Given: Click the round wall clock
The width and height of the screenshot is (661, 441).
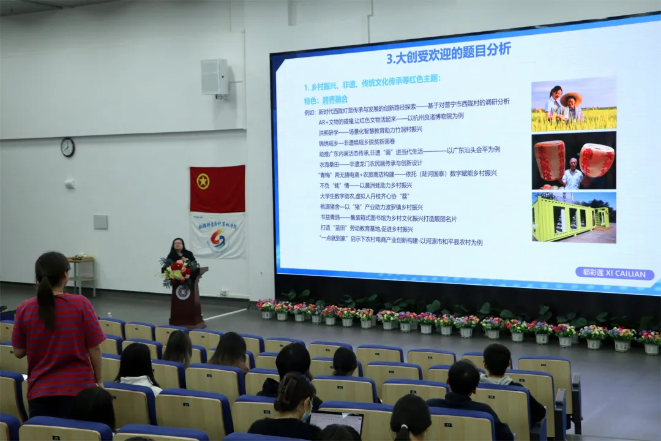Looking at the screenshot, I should click(x=67, y=147).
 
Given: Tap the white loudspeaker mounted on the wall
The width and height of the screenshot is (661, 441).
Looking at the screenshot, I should click(x=214, y=77).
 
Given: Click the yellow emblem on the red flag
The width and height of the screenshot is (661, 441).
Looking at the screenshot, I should click(x=203, y=181).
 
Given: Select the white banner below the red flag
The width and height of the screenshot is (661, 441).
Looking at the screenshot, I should click(x=217, y=235).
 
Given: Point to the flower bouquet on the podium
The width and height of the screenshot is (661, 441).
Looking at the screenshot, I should click(x=178, y=270).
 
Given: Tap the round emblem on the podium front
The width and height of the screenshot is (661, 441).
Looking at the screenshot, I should click(x=183, y=292).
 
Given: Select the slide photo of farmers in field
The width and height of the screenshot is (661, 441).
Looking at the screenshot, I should click(x=573, y=104).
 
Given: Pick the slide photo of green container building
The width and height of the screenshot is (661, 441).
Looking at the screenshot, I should click(x=573, y=217).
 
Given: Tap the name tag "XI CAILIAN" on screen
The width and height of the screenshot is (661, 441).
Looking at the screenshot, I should click(x=614, y=274).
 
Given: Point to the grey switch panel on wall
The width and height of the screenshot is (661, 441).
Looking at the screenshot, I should click(x=101, y=222).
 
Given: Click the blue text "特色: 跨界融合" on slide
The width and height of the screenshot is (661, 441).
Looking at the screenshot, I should click(x=326, y=99).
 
